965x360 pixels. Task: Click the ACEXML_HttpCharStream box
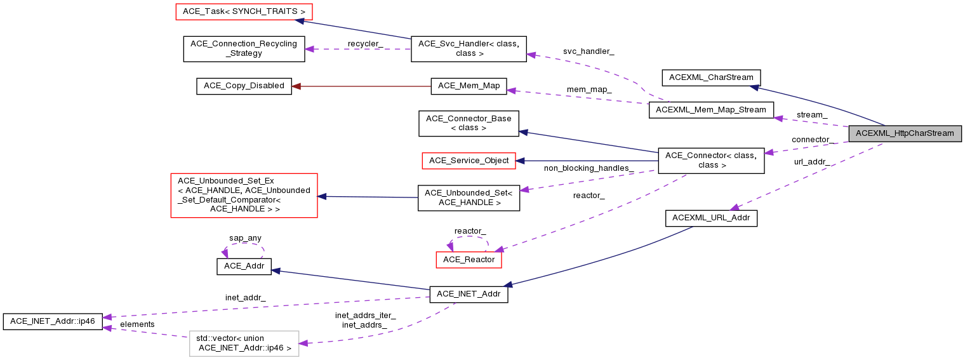point(905,133)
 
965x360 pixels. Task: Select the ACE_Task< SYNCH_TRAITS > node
point(244,11)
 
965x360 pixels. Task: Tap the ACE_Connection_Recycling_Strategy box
point(244,49)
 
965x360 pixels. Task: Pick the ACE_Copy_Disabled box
point(244,86)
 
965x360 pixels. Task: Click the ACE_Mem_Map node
point(469,86)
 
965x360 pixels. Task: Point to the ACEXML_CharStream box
point(711,77)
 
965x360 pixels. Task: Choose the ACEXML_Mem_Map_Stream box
point(711,110)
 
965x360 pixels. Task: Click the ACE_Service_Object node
point(469,161)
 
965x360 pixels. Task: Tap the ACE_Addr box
point(244,267)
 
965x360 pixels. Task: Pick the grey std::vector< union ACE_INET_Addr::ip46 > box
point(244,343)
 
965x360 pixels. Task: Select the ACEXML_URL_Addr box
point(711,218)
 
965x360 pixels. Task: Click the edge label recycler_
point(364,43)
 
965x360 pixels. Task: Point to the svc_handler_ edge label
point(589,51)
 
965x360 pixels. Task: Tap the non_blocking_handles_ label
point(589,168)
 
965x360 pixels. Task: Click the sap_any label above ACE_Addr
point(245,238)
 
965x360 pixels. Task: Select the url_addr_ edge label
point(811,162)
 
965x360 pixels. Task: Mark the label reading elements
point(137,324)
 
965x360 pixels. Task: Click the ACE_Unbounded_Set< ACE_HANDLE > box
point(469,198)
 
